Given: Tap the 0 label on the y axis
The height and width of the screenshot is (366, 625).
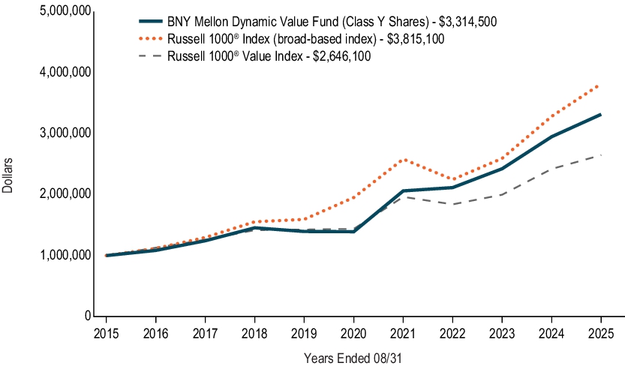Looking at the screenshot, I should click(89, 316).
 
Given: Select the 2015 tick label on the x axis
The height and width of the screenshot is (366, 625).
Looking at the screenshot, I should click(106, 332).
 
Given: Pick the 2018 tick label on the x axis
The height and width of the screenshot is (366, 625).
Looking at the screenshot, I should click(254, 332).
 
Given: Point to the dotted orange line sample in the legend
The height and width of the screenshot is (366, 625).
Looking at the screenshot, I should click(151, 39).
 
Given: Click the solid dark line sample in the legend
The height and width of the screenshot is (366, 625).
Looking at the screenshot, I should click(151, 22).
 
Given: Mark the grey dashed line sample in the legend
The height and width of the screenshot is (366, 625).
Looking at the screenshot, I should click(151, 56).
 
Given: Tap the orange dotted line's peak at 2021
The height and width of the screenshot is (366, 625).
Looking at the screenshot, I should click(404, 160).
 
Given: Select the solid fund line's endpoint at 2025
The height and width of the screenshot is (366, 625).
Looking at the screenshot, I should click(600, 115).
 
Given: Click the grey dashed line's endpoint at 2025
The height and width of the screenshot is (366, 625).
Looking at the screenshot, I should click(600, 155).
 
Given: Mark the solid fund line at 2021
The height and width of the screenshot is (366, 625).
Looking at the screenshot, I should click(404, 191).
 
